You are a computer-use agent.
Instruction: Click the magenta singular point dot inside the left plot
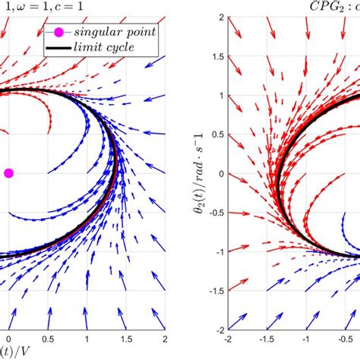[8, 173]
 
